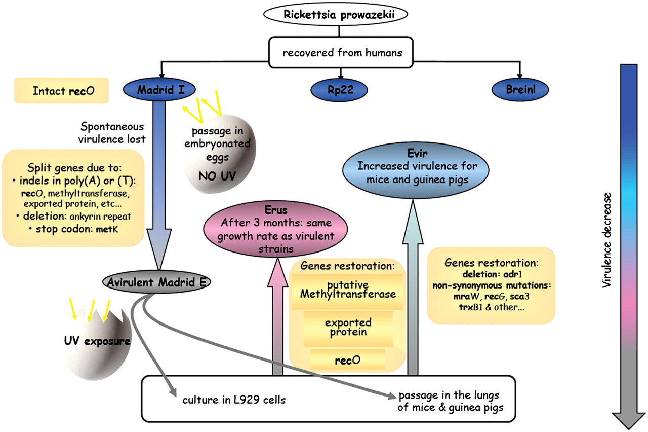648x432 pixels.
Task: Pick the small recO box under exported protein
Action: pos(347,361)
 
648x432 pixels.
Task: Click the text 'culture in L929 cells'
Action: pos(234,400)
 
